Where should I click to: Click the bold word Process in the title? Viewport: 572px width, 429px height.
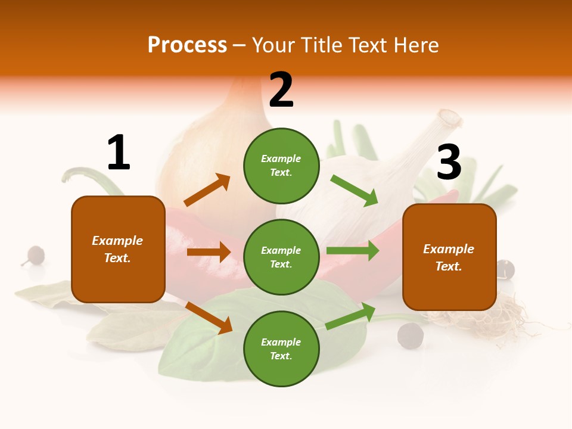187,45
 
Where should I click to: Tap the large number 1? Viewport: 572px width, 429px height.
119,153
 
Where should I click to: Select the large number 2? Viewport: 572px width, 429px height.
281,90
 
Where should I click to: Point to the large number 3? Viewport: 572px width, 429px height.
449,162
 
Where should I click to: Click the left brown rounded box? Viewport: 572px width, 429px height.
118,249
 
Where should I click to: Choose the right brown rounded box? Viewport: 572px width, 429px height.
449,257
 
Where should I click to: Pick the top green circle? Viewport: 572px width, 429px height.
281,166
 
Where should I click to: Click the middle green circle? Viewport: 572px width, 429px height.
281,257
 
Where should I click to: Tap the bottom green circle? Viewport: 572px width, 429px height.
281,349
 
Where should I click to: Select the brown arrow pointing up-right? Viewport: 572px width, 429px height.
207,190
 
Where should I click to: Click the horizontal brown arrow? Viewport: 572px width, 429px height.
209,252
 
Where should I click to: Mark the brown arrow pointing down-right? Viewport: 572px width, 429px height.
209,318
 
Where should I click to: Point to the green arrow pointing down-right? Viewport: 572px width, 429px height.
355,190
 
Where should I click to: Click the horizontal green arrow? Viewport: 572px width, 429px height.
353,251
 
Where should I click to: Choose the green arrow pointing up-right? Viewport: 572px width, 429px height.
351,316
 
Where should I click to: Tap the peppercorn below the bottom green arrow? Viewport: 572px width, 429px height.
411,335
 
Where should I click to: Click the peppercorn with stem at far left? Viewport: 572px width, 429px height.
35,255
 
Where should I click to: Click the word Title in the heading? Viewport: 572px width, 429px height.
324,45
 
